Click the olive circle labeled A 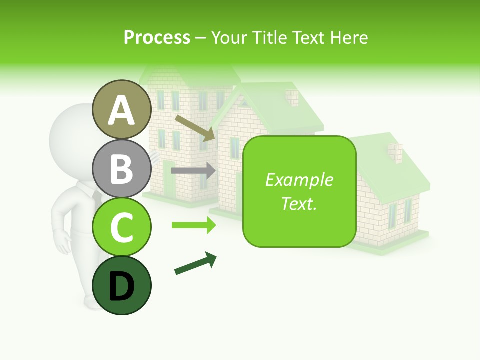point(121,110)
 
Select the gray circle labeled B point(121,169)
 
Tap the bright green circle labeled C point(121,227)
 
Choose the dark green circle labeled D point(121,286)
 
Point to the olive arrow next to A point(195,128)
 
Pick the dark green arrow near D point(195,264)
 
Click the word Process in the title point(157,37)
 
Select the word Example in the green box point(299,180)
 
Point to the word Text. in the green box point(299,203)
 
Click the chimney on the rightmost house point(395,152)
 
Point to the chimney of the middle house point(292,97)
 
